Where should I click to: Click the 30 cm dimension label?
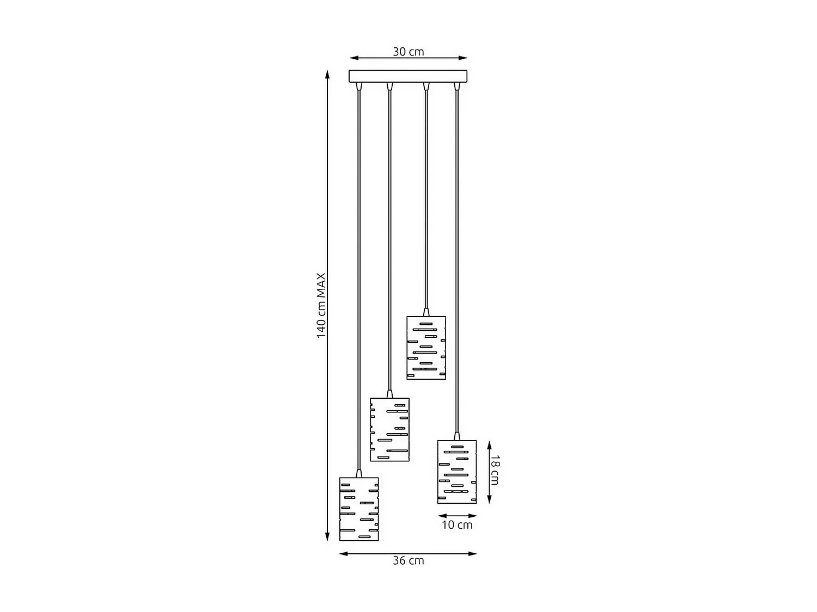[x=408, y=52]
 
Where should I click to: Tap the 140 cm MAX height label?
[x=321, y=305]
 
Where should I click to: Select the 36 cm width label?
[x=408, y=560]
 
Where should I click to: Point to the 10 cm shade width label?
[x=457, y=525]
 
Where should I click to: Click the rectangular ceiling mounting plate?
[x=408, y=76]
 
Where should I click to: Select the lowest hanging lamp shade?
[x=359, y=509]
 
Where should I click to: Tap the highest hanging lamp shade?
[x=426, y=348]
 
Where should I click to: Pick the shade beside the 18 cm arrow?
[x=457, y=472]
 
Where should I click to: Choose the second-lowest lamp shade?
[x=389, y=430]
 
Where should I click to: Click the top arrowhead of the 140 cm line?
[x=327, y=74]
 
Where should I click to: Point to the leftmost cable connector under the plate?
[x=358, y=86]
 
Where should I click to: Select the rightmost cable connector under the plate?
[x=457, y=86]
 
